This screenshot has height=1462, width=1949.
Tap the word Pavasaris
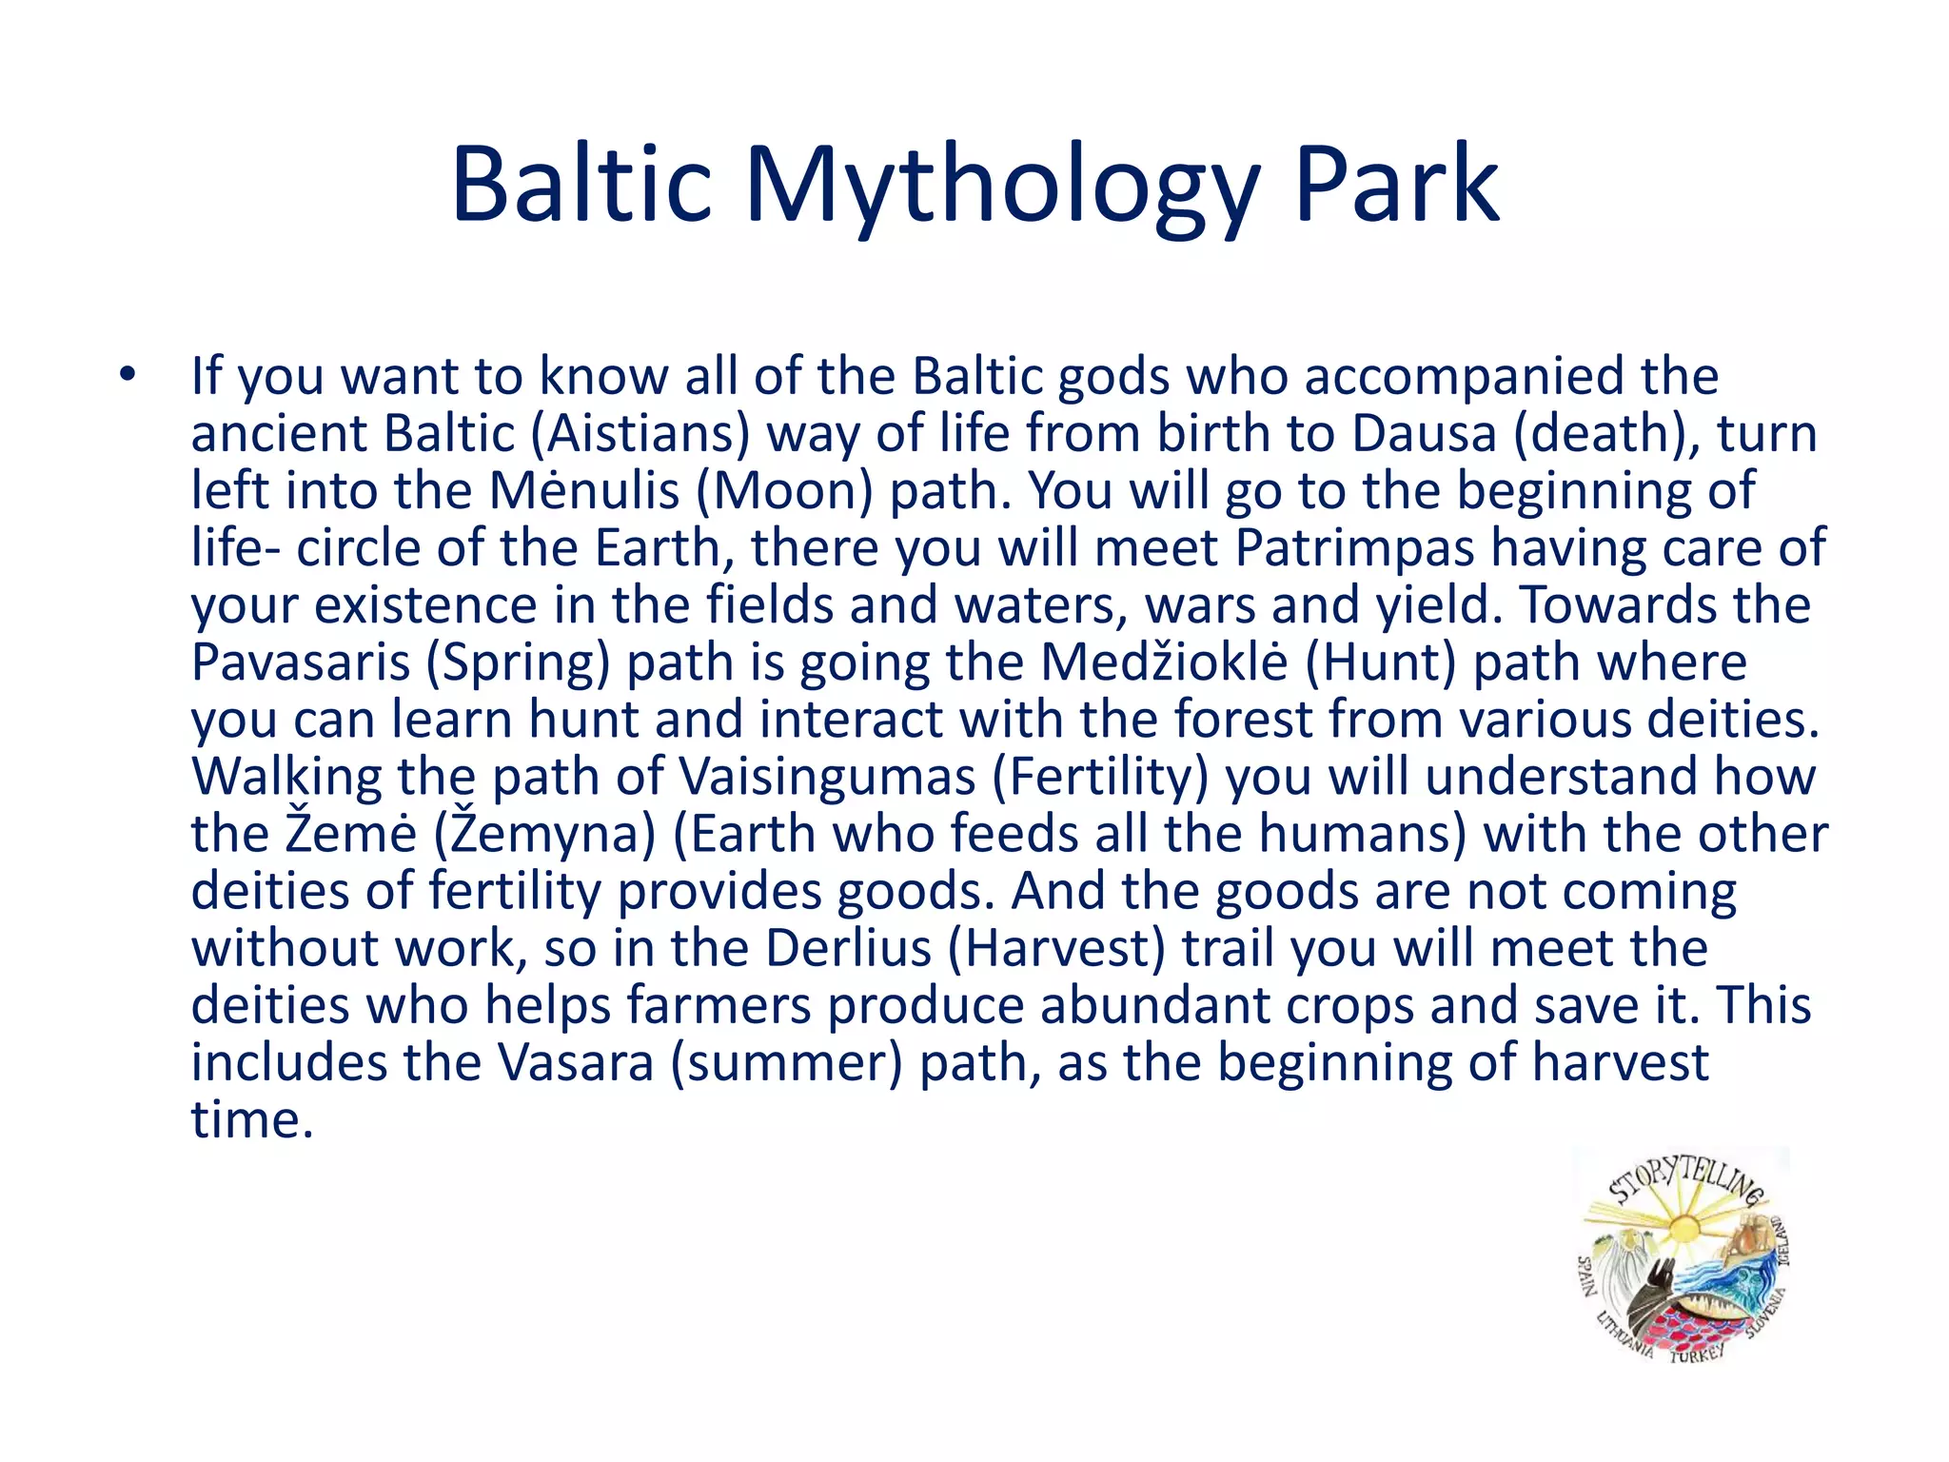[300, 662]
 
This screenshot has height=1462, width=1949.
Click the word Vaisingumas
[827, 777]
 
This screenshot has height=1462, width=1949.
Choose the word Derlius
[848, 948]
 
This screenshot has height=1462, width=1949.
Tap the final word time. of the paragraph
[252, 1120]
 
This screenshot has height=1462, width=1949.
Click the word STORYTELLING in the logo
[1686, 1180]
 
